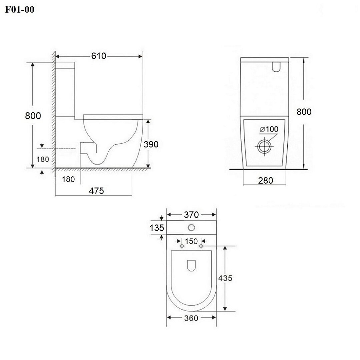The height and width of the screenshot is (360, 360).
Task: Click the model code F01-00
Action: point(20,9)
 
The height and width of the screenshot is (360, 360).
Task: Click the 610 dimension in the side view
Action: point(99,56)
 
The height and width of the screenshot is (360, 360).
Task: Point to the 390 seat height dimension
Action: point(151,144)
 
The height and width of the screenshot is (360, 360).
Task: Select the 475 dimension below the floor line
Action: point(96,191)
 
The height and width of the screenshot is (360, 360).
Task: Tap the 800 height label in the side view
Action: point(33,115)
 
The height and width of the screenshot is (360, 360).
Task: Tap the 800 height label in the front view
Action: point(304,112)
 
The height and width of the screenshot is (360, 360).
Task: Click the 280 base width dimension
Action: point(266,180)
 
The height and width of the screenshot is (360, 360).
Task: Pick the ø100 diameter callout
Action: point(269,129)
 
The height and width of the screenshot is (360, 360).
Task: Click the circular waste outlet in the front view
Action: point(264,146)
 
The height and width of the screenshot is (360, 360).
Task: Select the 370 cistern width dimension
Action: point(191,215)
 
